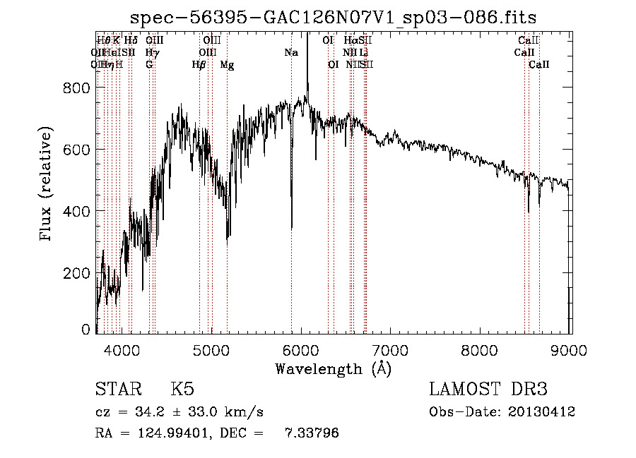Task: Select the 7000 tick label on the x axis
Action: pyautogui.click(x=391, y=350)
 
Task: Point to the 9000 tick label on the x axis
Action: pyautogui.click(x=570, y=350)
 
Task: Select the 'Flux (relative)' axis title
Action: pyautogui.click(x=47, y=185)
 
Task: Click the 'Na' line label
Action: pyautogui.click(x=291, y=52)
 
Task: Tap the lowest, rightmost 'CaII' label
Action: pyautogui.click(x=539, y=64)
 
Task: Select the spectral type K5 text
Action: pyautogui.click(x=182, y=390)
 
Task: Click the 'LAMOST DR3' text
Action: pyautogui.click(x=488, y=390)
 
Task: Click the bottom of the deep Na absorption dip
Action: pyautogui.click(x=292, y=227)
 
